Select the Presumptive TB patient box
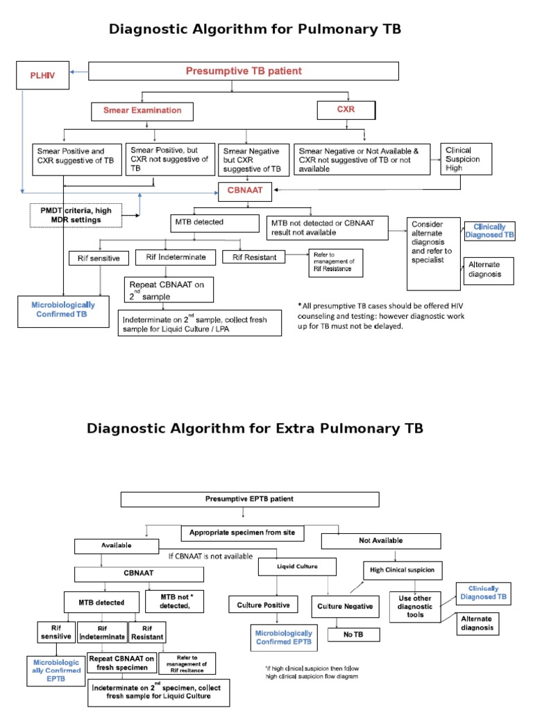[243, 71]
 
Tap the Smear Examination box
[142, 111]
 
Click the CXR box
[346, 110]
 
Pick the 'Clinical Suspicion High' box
[466, 159]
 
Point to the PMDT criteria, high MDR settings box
[75, 214]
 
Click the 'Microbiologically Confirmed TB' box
[63, 310]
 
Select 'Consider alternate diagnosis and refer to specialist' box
[434, 252]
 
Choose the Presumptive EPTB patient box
[250, 499]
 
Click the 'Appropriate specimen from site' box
[244, 533]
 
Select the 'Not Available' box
[380, 541]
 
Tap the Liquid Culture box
[297, 566]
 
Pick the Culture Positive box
[263, 605]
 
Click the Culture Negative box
[345, 606]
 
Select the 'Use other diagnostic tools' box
[415, 602]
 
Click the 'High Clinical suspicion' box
[401, 570]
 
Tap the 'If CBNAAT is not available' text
[211, 555]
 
